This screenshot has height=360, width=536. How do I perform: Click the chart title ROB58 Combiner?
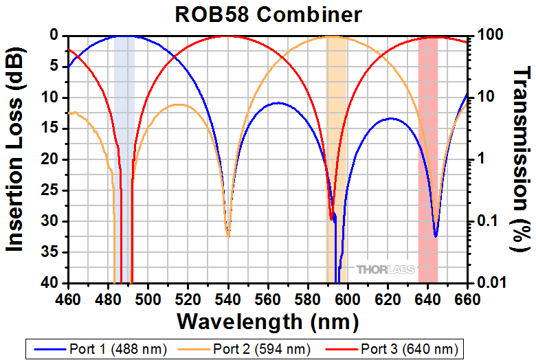(267, 13)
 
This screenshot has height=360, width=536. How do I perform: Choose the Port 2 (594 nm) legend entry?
(261, 349)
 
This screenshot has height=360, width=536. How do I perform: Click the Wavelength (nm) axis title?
(267, 321)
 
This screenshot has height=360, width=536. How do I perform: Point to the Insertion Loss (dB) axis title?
(15, 158)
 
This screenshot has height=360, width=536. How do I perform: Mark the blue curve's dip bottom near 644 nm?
(436, 236)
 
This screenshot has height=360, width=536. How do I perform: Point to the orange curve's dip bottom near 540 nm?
(229, 236)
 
